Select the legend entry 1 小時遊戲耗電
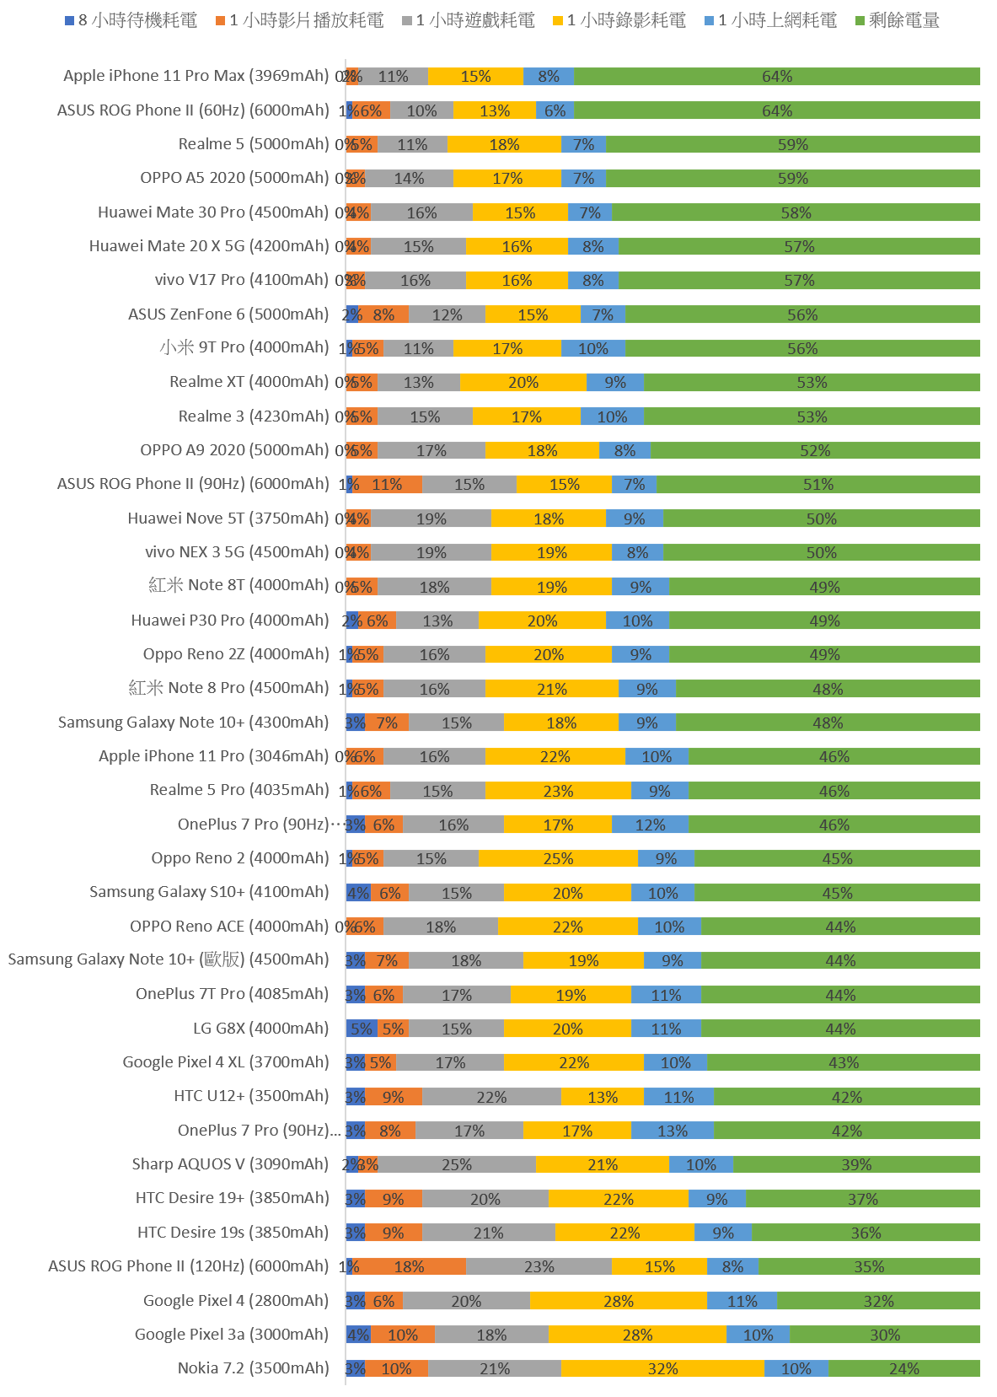click(469, 20)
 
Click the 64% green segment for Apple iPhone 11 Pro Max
click(777, 77)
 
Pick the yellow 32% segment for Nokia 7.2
click(662, 1368)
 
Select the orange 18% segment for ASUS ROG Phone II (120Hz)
click(409, 1266)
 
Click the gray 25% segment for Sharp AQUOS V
click(457, 1164)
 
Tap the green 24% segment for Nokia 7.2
click(904, 1368)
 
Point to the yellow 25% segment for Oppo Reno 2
click(558, 858)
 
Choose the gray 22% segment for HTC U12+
click(491, 1097)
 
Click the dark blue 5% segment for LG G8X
click(361, 1029)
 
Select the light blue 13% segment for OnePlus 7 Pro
click(672, 1131)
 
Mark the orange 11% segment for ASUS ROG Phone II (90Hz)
click(387, 484)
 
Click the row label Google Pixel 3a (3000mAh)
click(232, 1334)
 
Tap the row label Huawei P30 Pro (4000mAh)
click(230, 620)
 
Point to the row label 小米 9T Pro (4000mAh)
click(244, 347)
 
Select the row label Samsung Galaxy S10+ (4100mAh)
click(209, 892)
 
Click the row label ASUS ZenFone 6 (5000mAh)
click(228, 314)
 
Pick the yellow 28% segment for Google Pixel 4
click(619, 1301)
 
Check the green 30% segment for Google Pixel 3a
click(885, 1335)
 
